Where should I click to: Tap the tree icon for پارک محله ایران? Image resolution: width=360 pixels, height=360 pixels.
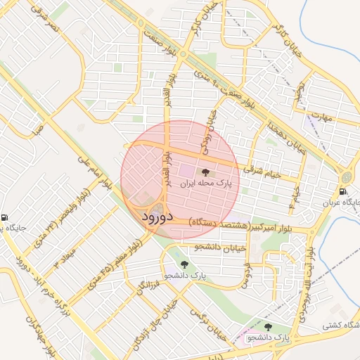click(205, 172)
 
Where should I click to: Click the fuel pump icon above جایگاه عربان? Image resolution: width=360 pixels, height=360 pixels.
click(342, 191)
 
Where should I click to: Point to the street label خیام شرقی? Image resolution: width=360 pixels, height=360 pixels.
click(262, 170)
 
